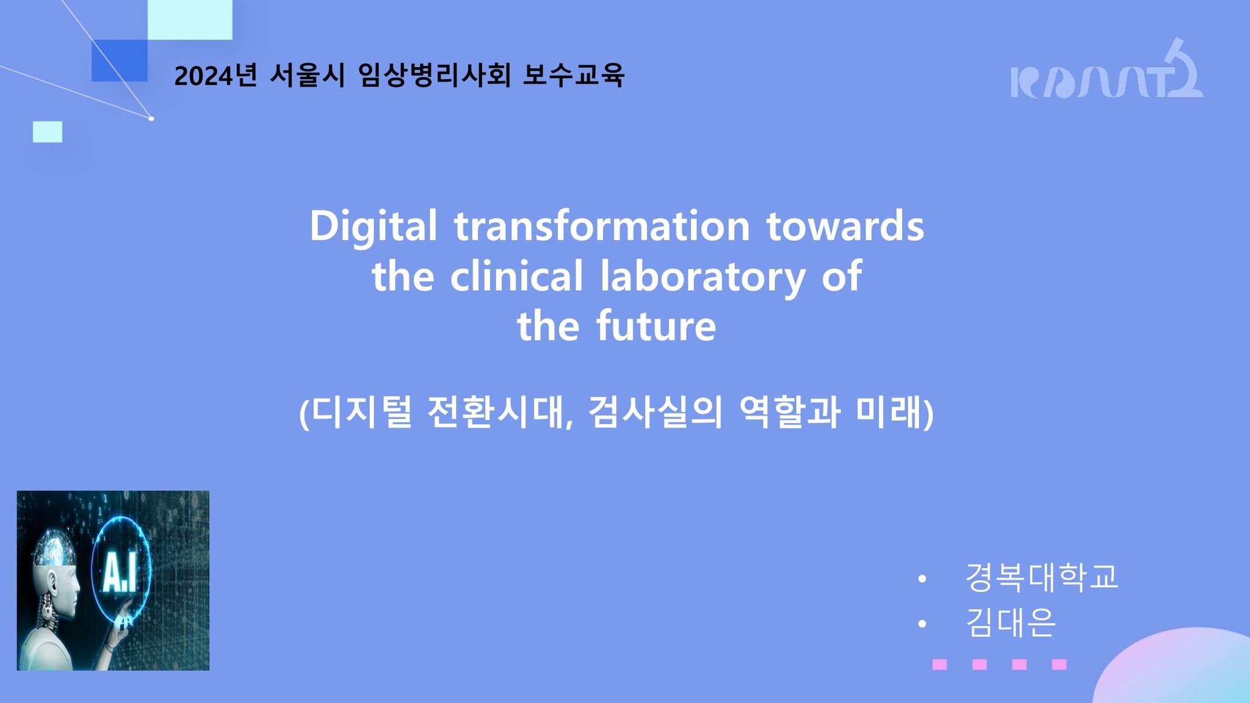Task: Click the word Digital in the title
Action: pos(374,226)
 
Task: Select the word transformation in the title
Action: pos(602,226)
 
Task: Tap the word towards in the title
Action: pos(845,226)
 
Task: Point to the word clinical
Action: pos(517,276)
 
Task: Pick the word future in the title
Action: pos(656,326)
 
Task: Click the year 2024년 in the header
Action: pos(215,76)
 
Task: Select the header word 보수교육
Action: pos(574,76)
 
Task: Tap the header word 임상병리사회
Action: pos(435,76)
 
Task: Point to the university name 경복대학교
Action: pos(1042,577)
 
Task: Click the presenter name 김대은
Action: pos(1011,622)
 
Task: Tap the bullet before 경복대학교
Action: pos(922,579)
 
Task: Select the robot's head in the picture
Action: pos(56,565)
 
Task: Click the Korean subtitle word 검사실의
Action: pos(655,413)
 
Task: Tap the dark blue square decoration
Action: pos(120,60)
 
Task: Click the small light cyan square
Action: pos(48,132)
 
